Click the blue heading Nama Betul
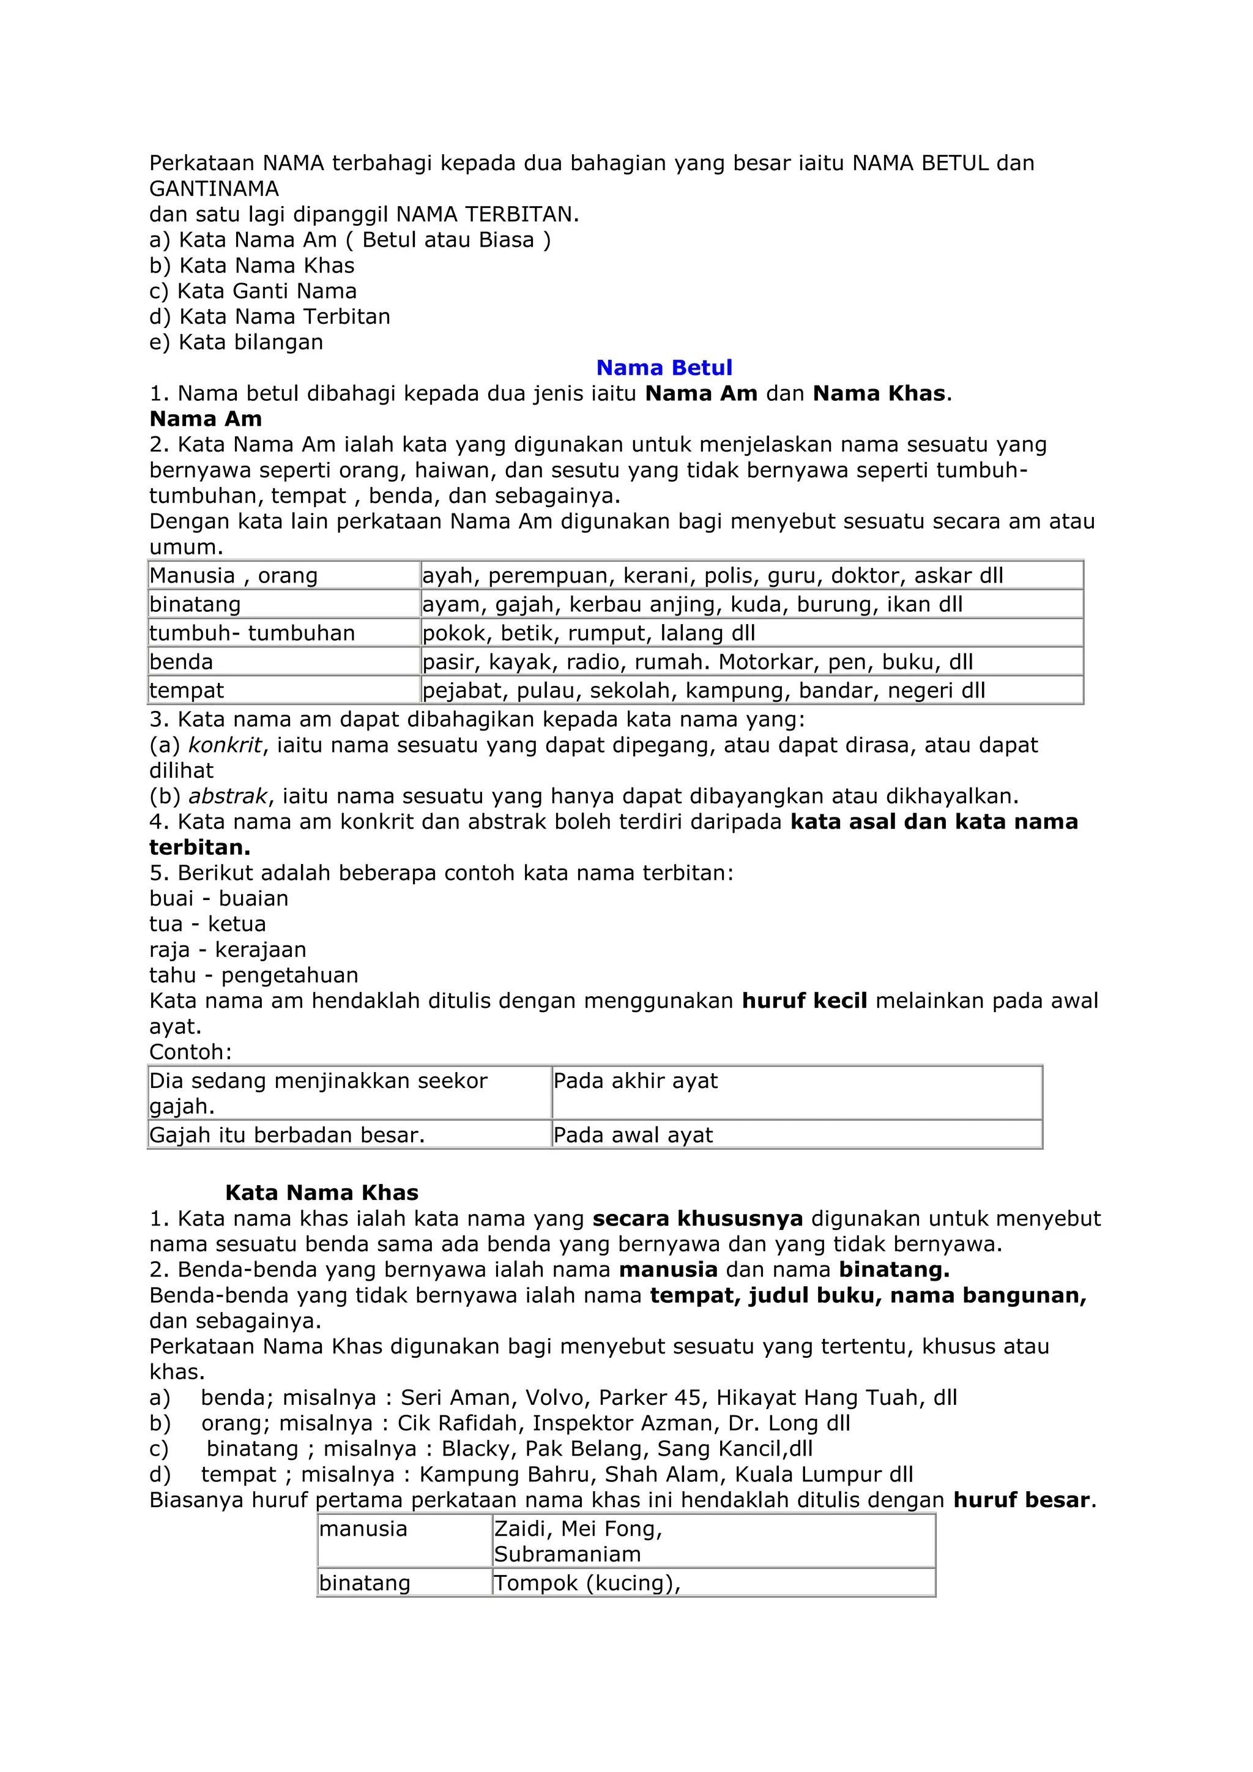(664, 367)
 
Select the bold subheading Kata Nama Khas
(321, 1193)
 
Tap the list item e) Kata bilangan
(236, 342)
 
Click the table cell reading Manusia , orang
(234, 576)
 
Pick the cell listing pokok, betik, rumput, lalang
(589, 633)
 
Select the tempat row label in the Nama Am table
(187, 690)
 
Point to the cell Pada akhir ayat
(635, 1081)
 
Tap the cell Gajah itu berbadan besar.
(287, 1134)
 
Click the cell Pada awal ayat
(633, 1134)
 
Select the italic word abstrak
(228, 795)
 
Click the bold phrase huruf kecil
(804, 1001)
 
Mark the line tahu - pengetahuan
(254, 975)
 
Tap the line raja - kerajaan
(228, 949)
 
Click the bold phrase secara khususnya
(697, 1219)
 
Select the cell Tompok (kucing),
(587, 1583)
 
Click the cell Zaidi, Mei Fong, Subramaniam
(579, 1541)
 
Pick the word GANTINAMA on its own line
(214, 189)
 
